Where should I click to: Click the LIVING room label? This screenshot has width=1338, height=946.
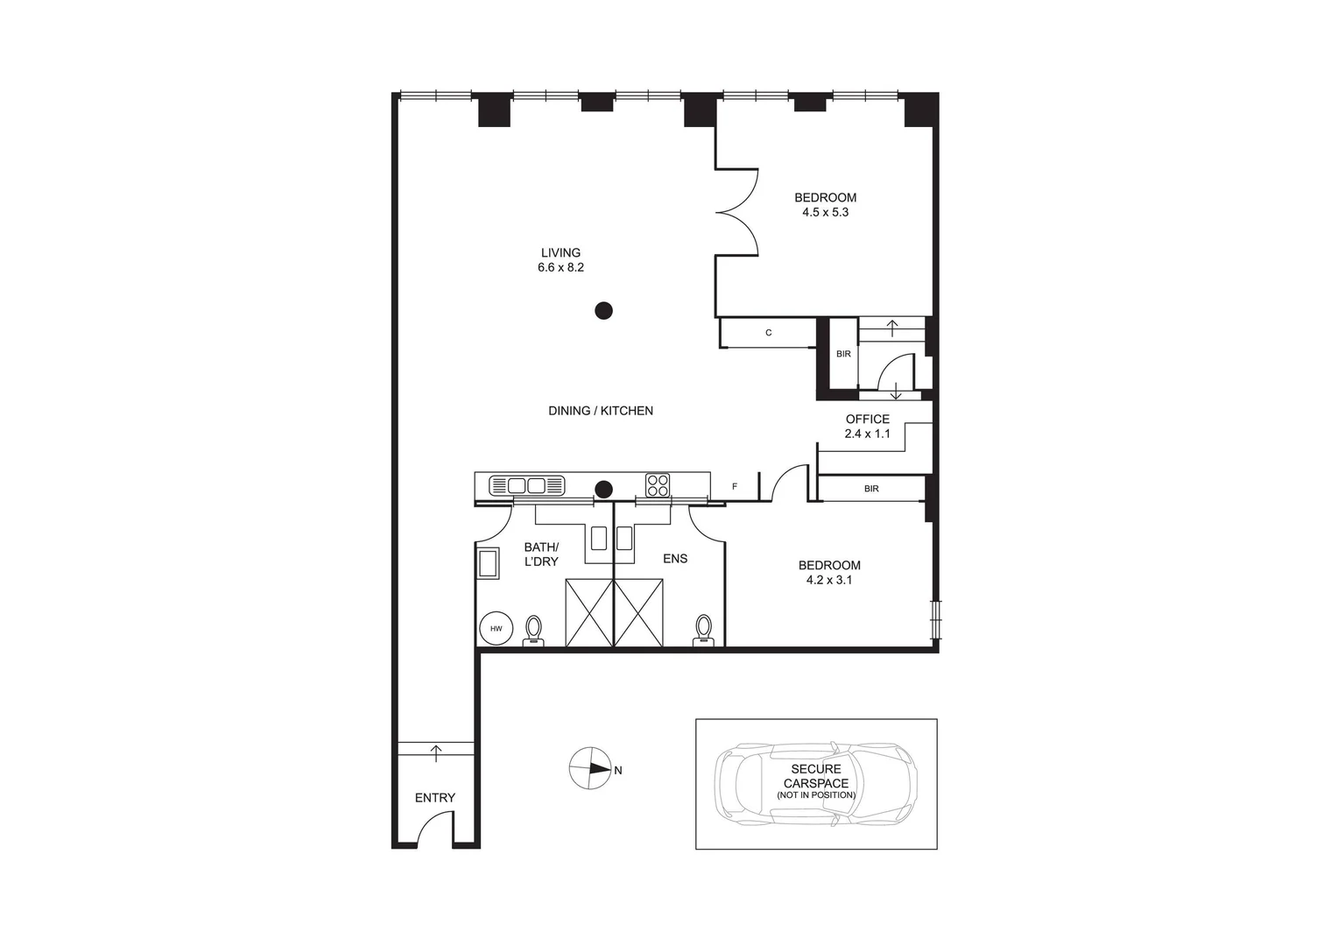pos(560,253)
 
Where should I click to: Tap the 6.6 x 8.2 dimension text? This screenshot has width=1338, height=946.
pos(560,268)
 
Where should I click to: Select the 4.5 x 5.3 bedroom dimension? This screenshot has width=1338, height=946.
pos(825,212)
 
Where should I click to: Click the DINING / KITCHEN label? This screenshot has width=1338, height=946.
pos(601,411)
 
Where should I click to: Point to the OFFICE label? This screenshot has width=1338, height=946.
pos(867,420)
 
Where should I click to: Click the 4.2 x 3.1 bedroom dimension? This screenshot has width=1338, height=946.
pos(828,580)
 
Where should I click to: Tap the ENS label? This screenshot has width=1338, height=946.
pos(675,559)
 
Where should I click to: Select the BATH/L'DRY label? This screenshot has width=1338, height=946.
pos(541,554)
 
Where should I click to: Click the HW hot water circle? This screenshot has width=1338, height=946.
pos(496,629)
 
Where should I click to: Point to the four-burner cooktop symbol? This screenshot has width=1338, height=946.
pos(658,485)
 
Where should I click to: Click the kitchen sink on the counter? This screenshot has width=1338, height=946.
pos(526,485)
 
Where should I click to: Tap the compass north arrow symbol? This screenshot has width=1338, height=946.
pos(591,769)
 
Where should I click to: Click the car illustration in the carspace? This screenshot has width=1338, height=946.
pos(816,783)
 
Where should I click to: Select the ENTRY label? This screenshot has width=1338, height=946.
pos(435,798)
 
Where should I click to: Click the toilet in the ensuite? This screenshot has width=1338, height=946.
pos(702,630)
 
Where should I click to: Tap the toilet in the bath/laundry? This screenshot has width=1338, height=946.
pos(533,631)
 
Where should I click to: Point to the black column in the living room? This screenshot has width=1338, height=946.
pos(603,310)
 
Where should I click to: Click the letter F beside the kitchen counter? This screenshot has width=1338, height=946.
pos(735,486)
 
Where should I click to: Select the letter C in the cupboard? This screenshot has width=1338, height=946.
pos(769,333)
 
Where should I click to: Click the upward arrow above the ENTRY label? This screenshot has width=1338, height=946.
pos(436,750)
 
